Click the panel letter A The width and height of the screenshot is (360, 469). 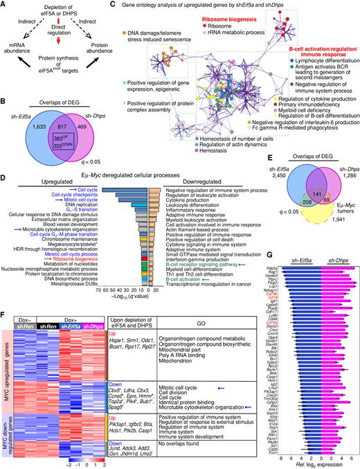[5, 6]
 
